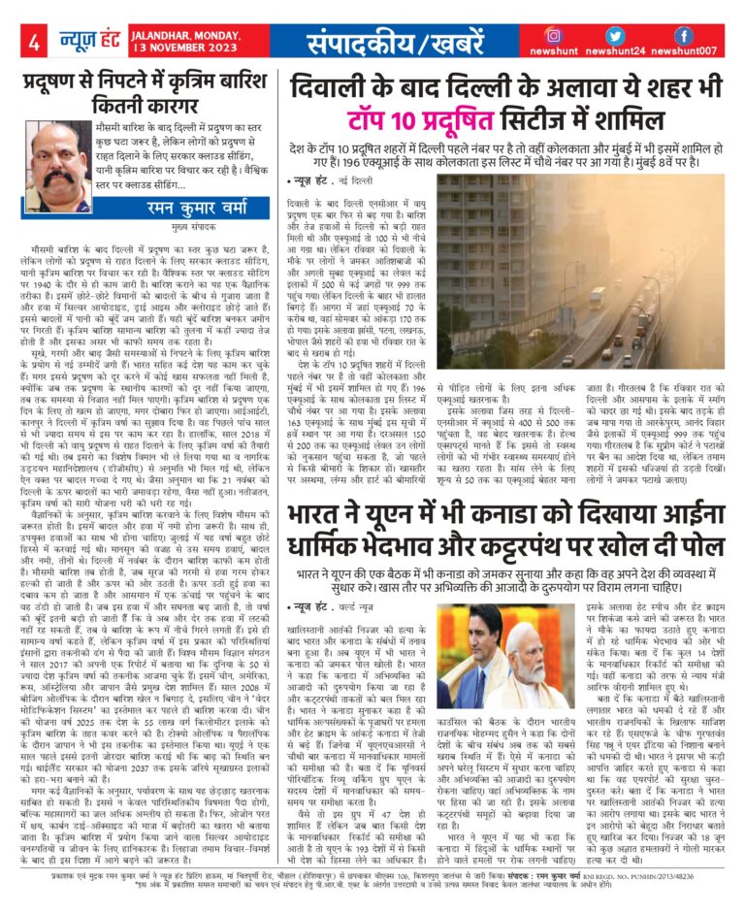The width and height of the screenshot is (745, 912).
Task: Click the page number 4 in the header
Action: point(34,43)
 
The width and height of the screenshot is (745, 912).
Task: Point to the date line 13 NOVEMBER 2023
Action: point(185,49)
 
